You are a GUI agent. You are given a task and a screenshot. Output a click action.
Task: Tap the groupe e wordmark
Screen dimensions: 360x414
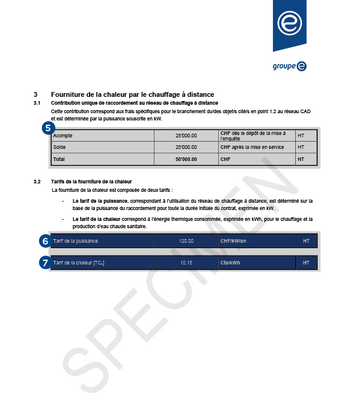[x=289, y=66]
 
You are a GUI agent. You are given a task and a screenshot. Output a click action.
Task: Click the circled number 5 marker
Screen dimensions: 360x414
[x=48, y=128]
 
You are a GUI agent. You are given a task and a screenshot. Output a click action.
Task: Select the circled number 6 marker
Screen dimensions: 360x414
[x=45, y=241]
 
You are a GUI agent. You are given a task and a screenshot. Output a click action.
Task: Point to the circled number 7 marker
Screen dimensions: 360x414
[x=45, y=263]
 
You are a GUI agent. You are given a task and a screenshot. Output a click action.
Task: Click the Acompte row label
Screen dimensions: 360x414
[x=63, y=136]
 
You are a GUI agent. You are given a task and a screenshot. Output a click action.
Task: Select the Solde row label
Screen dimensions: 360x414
[x=59, y=147]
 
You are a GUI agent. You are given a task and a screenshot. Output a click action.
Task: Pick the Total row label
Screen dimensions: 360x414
[x=59, y=159]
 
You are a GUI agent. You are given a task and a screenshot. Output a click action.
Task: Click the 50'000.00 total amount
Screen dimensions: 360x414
[x=186, y=159]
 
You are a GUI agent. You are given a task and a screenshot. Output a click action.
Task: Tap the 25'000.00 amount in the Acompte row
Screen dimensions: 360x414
[x=186, y=136]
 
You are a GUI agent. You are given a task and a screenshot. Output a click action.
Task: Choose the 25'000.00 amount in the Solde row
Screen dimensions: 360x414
[x=186, y=147]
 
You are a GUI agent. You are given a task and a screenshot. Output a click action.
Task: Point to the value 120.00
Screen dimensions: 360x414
[x=186, y=241]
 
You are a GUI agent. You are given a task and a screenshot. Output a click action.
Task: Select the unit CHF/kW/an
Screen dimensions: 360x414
[x=234, y=241]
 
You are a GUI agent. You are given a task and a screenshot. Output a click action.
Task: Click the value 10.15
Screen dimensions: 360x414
[x=186, y=263]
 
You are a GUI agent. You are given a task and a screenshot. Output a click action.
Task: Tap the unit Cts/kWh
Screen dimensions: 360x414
[x=230, y=263]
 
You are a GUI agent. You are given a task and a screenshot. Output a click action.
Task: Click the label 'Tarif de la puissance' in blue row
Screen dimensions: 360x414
[x=75, y=241]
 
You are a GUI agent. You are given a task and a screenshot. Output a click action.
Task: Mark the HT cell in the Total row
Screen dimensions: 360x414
[x=301, y=159]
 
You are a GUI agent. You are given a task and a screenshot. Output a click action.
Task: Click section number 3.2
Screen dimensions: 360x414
[x=37, y=182]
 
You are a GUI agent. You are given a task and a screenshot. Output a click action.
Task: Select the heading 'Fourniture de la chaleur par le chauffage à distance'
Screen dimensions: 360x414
[x=133, y=94]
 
